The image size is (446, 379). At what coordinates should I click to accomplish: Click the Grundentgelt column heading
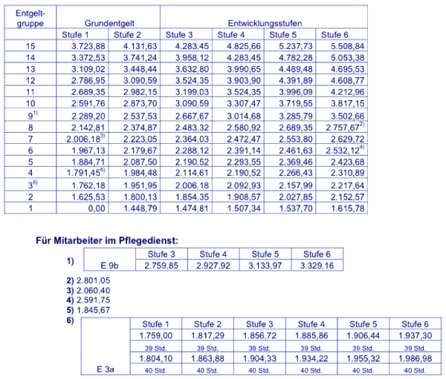(108, 23)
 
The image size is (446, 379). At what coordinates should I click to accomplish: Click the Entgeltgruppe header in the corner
(30, 18)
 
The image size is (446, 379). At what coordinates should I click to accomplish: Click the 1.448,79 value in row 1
(133, 208)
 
